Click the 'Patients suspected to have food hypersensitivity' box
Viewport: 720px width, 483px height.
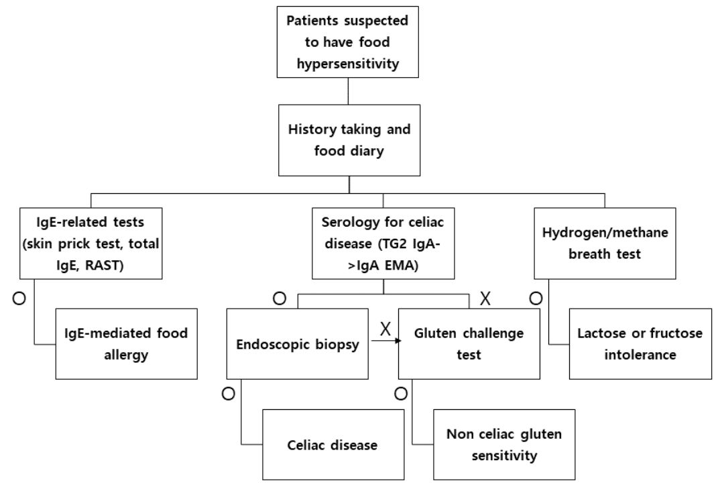coord(348,42)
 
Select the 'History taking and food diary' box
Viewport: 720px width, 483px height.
coord(349,140)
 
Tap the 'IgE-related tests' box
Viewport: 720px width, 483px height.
coord(91,243)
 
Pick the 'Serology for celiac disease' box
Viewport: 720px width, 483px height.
coord(383,243)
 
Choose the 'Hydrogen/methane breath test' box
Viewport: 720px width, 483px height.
coord(605,243)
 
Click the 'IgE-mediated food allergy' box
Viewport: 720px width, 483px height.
coord(126,343)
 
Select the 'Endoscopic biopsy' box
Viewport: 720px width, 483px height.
coord(298,343)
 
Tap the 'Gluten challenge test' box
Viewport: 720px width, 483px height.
coord(469,343)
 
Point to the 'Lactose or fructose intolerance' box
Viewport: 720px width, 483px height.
coord(640,343)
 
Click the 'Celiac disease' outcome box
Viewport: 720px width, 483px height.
coord(333,444)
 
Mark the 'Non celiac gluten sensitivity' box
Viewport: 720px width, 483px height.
coord(504,444)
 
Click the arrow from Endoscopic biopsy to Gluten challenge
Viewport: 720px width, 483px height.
coord(386,341)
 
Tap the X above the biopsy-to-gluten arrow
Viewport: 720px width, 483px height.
coord(385,329)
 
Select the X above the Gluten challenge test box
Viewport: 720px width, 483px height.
coord(485,299)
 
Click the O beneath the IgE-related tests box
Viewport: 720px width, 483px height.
coord(19,299)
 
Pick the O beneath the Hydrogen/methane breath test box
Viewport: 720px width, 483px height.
coord(536,299)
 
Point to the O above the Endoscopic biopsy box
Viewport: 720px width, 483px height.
coord(280,299)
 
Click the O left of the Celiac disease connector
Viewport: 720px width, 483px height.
coord(228,394)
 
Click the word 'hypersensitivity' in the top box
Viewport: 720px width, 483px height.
coord(348,64)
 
